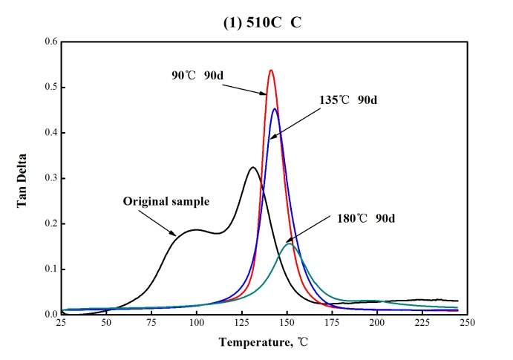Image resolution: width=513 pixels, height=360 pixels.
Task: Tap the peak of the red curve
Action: click(271, 71)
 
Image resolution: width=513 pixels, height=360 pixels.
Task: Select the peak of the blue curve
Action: click(275, 109)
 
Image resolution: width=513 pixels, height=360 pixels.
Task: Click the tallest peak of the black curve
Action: click(252, 168)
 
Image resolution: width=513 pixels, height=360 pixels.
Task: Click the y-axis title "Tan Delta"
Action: click(22, 178)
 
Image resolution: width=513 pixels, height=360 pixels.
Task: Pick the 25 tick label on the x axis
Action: click(62, 324)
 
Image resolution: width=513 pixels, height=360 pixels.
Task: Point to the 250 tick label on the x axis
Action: click(466, 324)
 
